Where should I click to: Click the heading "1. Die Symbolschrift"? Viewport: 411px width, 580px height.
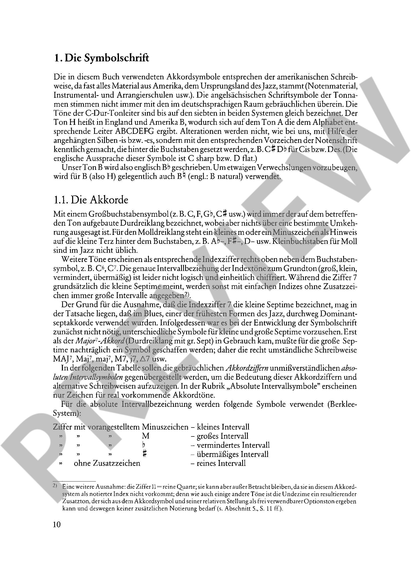coord(101,58)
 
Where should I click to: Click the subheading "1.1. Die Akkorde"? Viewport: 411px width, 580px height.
coord(91,200)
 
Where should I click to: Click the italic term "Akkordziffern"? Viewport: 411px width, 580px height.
coord(247,368)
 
